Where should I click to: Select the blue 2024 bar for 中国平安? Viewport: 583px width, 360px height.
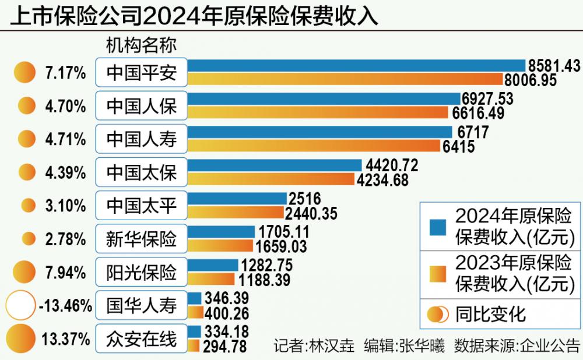[x=356, y=65]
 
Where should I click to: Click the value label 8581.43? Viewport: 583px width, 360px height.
[x=553, y=65]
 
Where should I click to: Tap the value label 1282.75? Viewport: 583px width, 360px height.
[x=266, y=264]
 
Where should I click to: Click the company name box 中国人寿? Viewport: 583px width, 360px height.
[x=141, y=139]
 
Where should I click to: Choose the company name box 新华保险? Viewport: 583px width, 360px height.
[x=141, y=239]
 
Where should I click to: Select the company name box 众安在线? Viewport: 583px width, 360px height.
[x=141, y=338]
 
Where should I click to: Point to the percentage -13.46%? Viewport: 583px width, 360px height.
[x=65, y=305]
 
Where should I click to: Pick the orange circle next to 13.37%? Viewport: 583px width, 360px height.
[x=22, y=338]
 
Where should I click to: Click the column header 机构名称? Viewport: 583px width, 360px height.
[x=141, y=45]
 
